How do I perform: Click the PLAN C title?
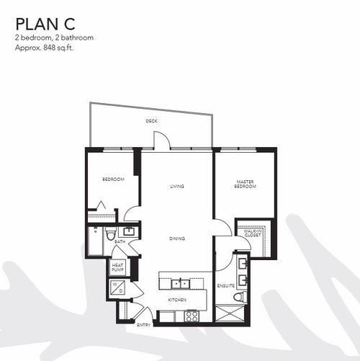45,24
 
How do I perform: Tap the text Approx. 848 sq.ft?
44,48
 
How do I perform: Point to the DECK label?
152,121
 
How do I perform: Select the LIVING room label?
177,186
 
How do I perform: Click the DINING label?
177,239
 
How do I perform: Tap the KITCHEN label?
177,300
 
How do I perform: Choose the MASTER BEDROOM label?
245,184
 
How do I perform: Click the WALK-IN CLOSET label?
253,233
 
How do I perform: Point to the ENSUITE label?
226,286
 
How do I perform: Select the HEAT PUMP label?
117,267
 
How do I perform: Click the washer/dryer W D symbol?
117,288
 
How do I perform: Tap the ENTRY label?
143,325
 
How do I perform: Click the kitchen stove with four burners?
192,316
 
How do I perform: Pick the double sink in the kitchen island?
180,284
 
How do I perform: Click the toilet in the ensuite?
240,297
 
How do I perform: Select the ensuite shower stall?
230,313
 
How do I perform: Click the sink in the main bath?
129,231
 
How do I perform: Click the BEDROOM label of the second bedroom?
113,179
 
